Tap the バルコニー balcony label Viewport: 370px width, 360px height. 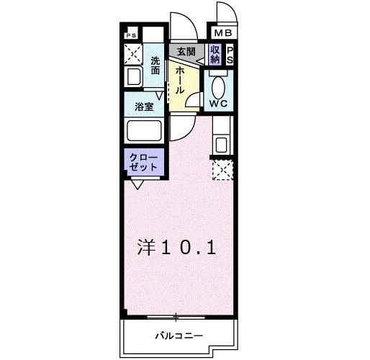click(x=179, y=336)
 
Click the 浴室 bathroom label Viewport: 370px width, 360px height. click(x=144, y=107)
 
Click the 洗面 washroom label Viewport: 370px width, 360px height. click(x=155, y=67)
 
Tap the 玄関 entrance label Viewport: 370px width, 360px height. click(x=186, y=52)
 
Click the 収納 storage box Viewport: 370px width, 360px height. click(x=215, y=55)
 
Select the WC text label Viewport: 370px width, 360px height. click(x=218, y=103)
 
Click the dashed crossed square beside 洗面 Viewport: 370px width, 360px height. click(x=133, y=53)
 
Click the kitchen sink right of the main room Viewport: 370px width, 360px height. click(x=221, y=143)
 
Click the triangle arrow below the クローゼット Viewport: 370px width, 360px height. click(x=136, y=184)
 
